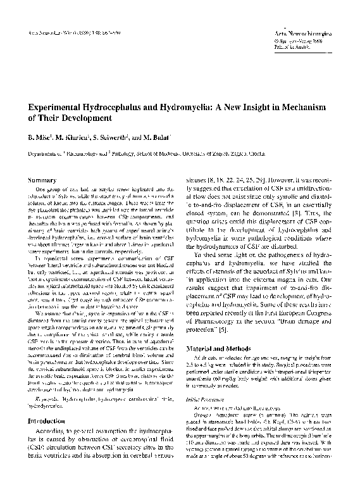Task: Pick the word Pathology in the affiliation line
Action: coord(127,153)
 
